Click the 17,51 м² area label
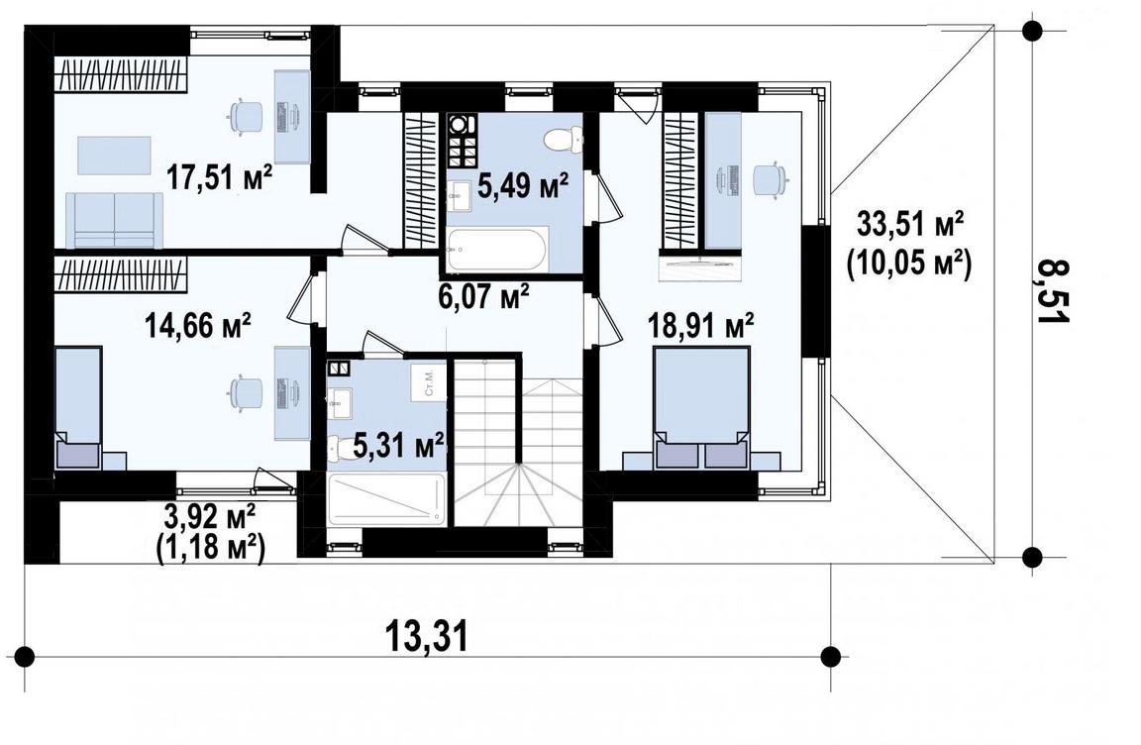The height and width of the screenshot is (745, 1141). (x=220, y=177)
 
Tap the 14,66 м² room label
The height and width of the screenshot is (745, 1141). (x=199, y=325)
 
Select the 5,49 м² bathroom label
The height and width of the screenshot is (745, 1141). (x=523, y=187)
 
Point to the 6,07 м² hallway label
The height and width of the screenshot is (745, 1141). (x=483, y=296)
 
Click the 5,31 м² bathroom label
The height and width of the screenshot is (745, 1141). (x=399, y=445)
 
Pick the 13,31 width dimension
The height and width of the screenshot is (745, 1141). (x=426, y=637)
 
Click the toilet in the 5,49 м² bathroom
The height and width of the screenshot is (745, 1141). (x=564, y=139)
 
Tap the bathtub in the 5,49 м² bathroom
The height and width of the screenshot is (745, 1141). (x=498, y=251)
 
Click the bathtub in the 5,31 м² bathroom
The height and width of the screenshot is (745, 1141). (x=386, y=498)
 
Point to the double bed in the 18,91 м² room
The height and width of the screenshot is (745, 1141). (x=701, y=407)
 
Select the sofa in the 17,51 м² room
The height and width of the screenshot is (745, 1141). (x=114, y=221)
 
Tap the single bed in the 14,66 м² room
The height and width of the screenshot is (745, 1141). (x=78, y=407)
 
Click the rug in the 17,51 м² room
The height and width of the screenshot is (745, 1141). (x=115, y=156)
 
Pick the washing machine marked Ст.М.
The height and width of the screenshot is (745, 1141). (x=428, y=380)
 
